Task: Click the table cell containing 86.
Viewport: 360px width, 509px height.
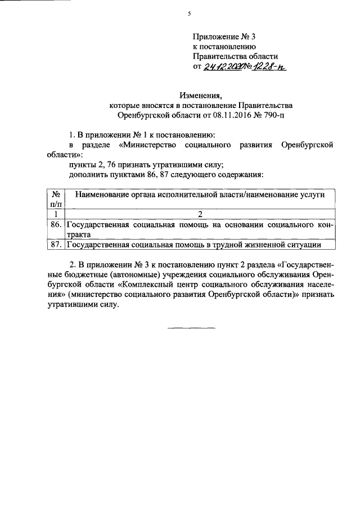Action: pos(56,225)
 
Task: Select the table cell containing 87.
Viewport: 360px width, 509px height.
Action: pos(56,245)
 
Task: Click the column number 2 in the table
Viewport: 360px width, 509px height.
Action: pos(200,214)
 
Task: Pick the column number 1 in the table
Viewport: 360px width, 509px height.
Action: pos(56,214)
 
